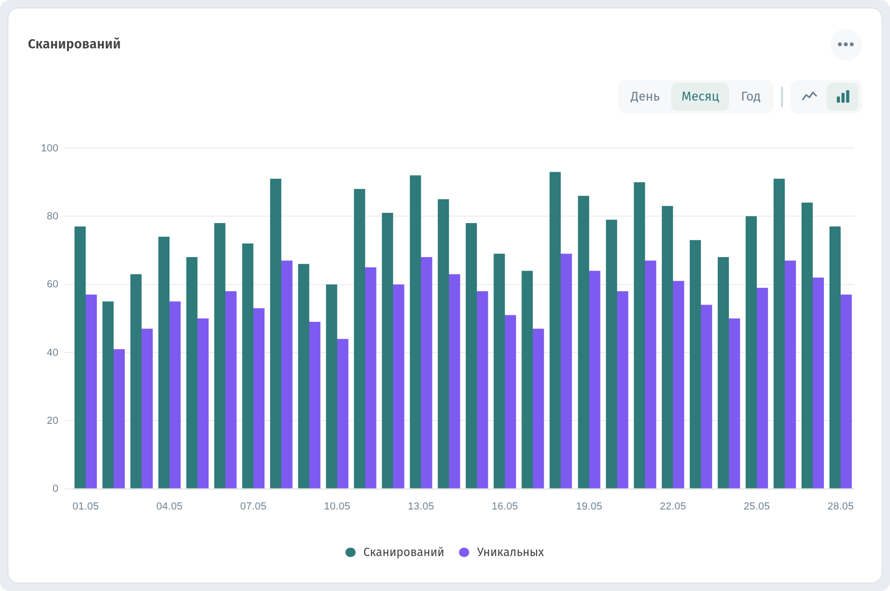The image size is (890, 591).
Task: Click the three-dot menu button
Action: [846, 45]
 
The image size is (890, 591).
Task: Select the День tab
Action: [645, 96]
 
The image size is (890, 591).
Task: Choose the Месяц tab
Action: [700, 96]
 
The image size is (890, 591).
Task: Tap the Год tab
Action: [750, 96]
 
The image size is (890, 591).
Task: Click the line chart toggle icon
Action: [809, 96]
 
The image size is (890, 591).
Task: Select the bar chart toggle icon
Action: [843, 96]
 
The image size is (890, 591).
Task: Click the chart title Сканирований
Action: [74, 44]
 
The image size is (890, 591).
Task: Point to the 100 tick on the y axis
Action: [50, 148]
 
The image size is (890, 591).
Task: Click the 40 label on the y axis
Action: [53, 353]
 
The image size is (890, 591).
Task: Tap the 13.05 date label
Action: [421, 506]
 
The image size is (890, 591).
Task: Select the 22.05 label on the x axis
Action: [673, 506]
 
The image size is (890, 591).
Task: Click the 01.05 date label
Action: [86, 506]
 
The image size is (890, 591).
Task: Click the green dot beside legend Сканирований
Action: [351, 552]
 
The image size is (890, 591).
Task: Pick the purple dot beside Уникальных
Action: [464, 552]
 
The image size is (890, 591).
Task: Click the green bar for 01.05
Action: [80, 357]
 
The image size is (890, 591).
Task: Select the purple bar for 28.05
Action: [846, 391]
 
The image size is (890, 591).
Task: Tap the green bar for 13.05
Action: [415, 332]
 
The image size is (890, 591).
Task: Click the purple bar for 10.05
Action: [343, 414]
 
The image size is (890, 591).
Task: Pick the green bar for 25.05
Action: [751, 352]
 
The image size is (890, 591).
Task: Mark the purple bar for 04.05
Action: [175, 395]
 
